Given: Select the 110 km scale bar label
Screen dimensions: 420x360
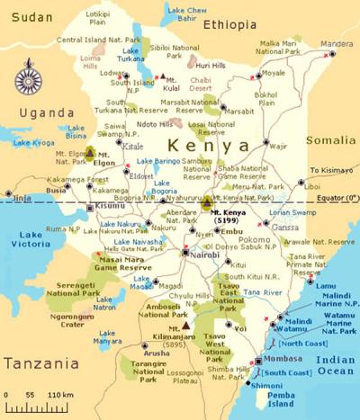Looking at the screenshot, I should [x=60, y=395].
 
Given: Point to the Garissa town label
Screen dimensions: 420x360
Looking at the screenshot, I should [x=284, y=227].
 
